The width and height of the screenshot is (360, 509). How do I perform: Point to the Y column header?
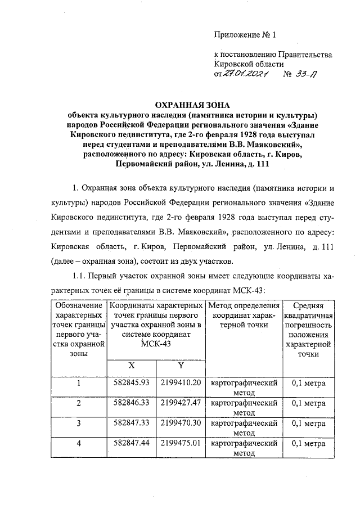181,365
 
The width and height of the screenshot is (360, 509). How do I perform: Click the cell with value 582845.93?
131,383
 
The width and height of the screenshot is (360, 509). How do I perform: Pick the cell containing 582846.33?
131,403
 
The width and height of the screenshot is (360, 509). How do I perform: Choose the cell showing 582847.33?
131,423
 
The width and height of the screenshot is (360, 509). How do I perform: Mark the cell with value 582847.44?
131,443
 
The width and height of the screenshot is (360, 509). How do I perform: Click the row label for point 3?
78,424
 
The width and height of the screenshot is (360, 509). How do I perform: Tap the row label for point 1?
78,384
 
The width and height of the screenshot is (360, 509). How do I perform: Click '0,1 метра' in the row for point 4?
309,443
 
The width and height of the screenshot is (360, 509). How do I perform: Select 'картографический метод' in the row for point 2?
244,408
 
